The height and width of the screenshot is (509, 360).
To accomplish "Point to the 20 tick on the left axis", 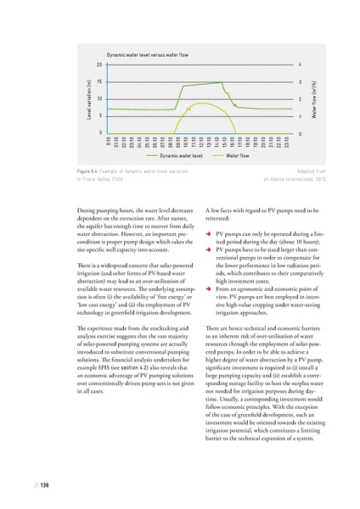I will [x=99, y=64].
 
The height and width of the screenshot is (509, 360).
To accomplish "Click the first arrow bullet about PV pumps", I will [x=209, y=233].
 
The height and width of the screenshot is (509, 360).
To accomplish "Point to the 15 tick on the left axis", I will [x=99, y=81].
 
